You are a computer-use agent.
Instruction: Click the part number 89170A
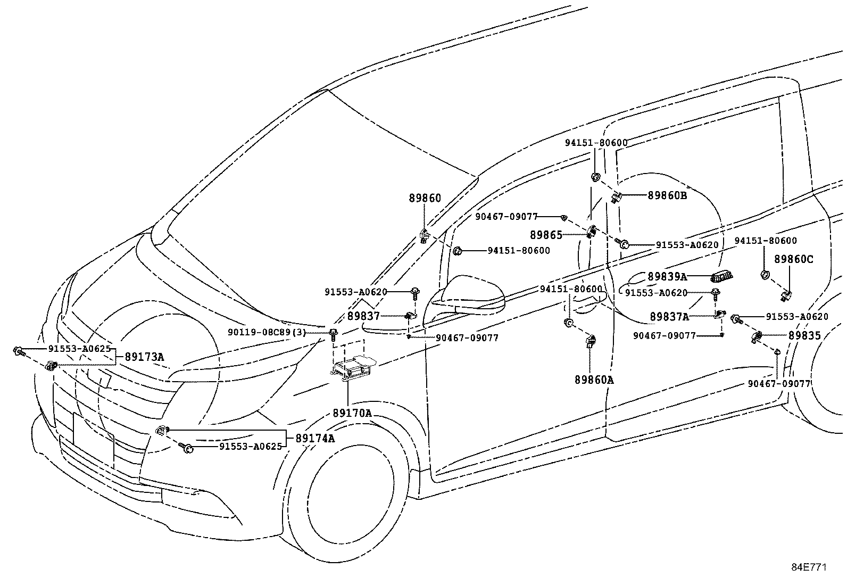[x=352, y=413]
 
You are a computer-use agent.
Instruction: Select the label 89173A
[x=144, y=357]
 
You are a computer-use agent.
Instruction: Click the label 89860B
[x=667, y=195]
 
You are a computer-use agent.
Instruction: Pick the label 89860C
[x=793, y=259]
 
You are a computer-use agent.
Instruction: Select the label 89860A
[x=594, y=380]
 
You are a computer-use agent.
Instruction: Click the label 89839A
[x=667, y=277]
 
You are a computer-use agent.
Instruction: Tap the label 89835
[x=804, y=335]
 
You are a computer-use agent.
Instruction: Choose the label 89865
[x=546, y=234]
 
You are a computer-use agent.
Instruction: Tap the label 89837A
[x=669, y=317]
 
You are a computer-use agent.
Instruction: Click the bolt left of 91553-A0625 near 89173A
[x=18, y=350]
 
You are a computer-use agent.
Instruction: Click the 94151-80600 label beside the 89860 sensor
[x=518, y=250]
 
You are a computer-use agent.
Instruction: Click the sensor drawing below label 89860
[x=424, y=235]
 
